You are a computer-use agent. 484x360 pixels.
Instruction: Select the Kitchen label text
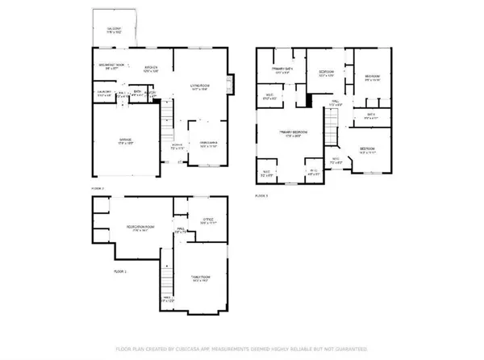tap(150, 68)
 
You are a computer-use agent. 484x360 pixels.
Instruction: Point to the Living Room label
tap(200, 87)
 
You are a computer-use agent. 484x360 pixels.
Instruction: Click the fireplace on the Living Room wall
tap(232, 84)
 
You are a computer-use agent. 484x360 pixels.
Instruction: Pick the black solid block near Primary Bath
tap(308, 100)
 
